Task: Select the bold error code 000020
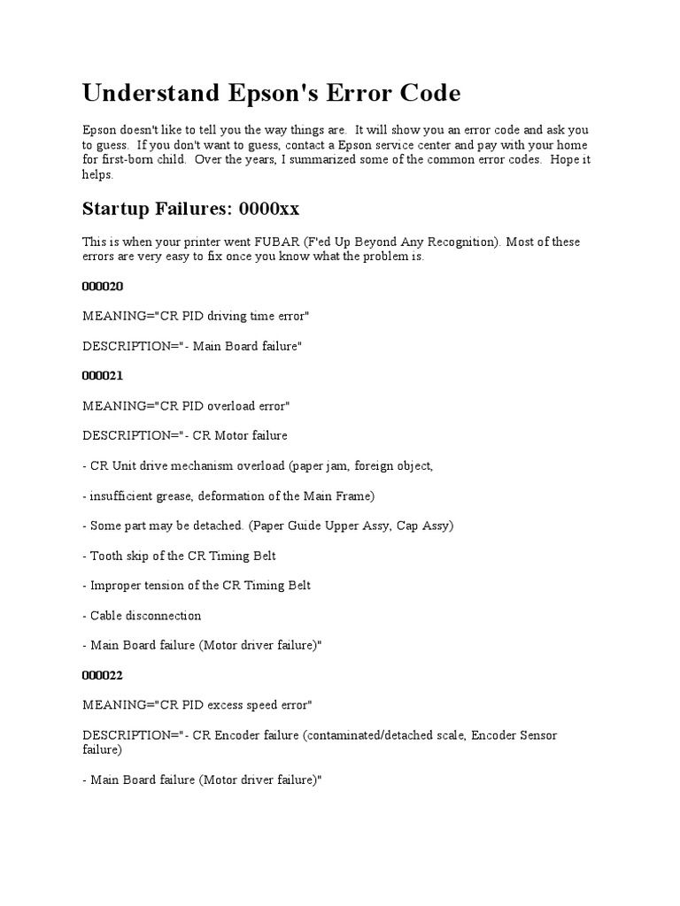point(103,286)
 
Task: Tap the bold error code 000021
point(103,375)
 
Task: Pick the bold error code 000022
point(103,674)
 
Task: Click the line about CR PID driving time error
point(196,316)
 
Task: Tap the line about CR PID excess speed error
point(197,704)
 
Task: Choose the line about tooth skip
point(182,555)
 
